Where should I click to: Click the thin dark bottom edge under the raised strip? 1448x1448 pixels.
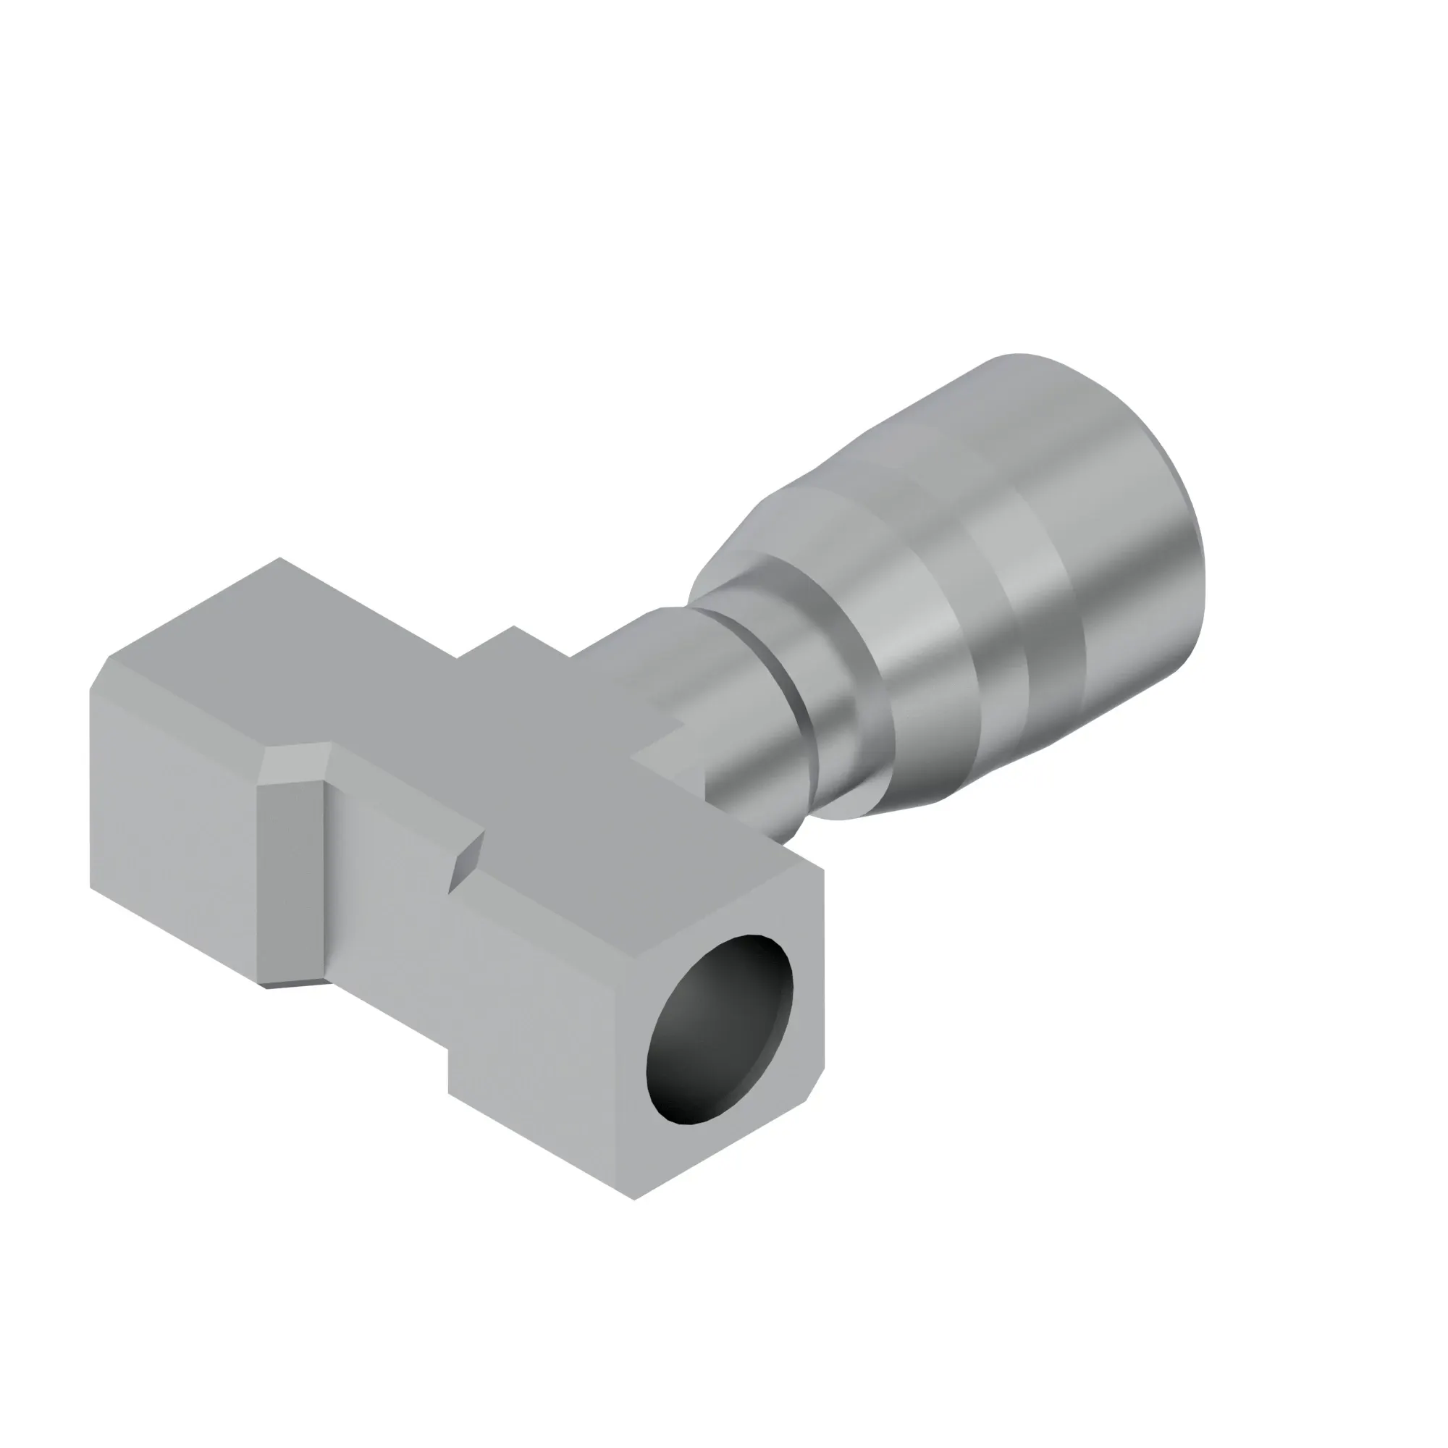pyautogui.click(x=294, y=984)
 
